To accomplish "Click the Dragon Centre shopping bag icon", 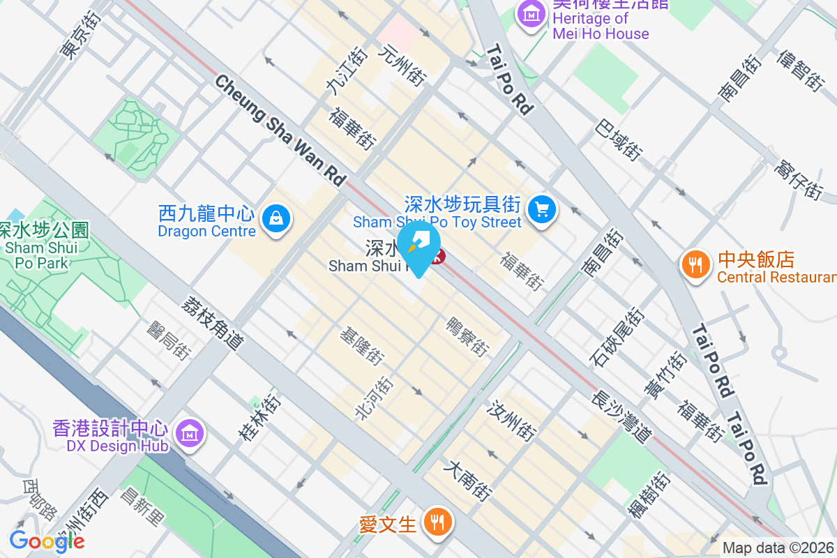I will pyautogui.click(x=277, y=219).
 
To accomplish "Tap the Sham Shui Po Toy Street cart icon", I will pyautogui.click(x=542, y=209).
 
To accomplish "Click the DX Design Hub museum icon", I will pyautogui.click(x=189, y=433).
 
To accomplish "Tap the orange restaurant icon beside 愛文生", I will pyautogui.click(x=437, y=522).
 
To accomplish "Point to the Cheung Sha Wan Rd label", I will pyautogui.click(x=280, y=130).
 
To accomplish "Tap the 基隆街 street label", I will pyautogui.click(x=361, y=347).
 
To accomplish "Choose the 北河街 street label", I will pyautogui.click(x=375, y=398).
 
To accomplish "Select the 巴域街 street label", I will pyautogui.click(x=619, y=137).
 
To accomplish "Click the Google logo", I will pyautogui.click(x=47, y=541).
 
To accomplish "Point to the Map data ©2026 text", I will pyautogui.click(x=778, y=548).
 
